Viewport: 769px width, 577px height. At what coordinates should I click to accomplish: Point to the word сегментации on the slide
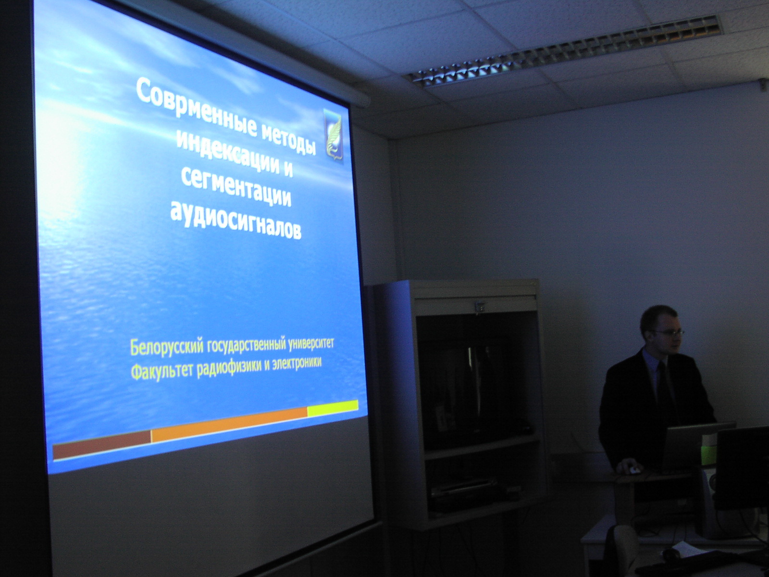tap(236, 189)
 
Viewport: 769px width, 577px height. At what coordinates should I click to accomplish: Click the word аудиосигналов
tap(236, 220)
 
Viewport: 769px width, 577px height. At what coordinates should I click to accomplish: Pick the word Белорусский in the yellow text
tap(167, 347)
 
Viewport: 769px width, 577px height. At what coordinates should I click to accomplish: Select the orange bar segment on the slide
tap(229, 424)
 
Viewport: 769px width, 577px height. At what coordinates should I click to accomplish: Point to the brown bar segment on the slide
tap(102, 444)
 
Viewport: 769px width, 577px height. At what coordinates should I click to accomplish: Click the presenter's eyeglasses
tap(666, 332)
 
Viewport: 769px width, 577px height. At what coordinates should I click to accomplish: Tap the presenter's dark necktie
tap(664, 385)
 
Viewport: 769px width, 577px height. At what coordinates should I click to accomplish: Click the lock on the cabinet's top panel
tap(480, 307)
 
